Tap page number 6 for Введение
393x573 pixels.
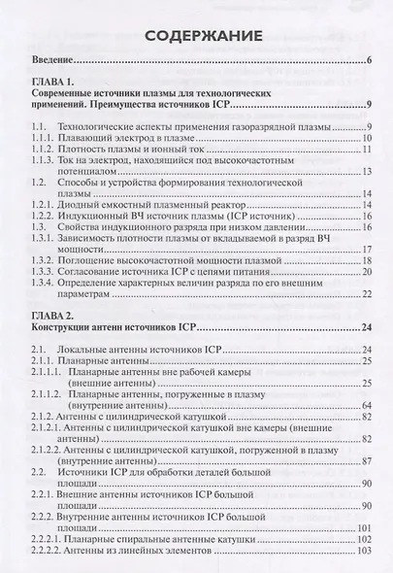point(370,66)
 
